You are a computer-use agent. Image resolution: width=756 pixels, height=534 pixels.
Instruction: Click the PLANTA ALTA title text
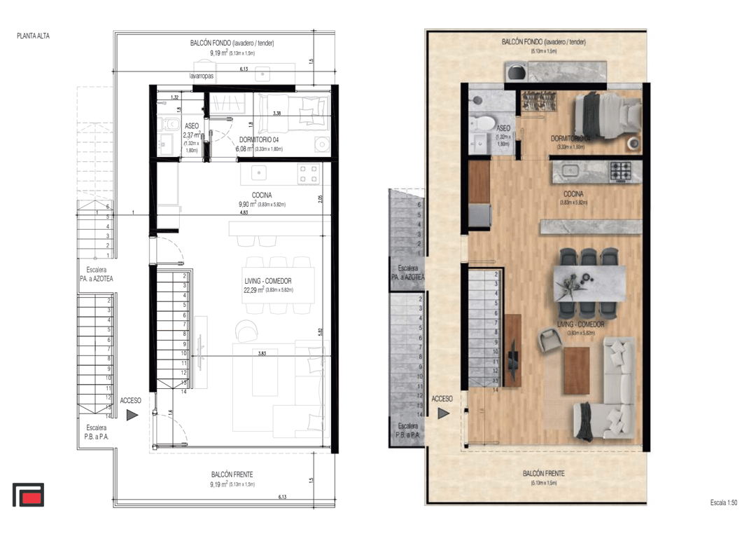(33, 35)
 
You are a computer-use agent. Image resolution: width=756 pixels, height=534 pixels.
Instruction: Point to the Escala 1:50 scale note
(723, 502)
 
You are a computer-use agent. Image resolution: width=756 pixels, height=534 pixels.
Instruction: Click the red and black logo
(28, 495)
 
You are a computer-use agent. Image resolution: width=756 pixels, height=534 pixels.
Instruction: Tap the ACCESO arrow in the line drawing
(132, 414)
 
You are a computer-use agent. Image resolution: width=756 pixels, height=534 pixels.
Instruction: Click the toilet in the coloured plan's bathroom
(482, 124)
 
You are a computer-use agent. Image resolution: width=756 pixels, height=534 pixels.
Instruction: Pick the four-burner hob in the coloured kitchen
(622, 171)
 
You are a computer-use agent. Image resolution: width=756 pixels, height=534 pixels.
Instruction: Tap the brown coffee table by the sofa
(576, 371)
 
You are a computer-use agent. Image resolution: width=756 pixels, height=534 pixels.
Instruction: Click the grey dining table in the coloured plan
(588, 282)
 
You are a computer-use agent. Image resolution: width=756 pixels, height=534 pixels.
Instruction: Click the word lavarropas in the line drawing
(201, 75)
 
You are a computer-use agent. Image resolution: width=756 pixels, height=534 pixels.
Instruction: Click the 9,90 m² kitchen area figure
(248, 204)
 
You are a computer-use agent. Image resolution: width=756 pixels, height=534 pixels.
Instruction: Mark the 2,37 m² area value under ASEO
(191, 135)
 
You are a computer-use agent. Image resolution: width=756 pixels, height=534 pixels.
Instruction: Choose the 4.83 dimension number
(244, 212)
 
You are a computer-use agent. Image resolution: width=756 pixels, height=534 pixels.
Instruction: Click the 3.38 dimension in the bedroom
(277, 113)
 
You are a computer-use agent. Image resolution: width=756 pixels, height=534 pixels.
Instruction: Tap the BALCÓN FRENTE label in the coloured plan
(543, 474)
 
